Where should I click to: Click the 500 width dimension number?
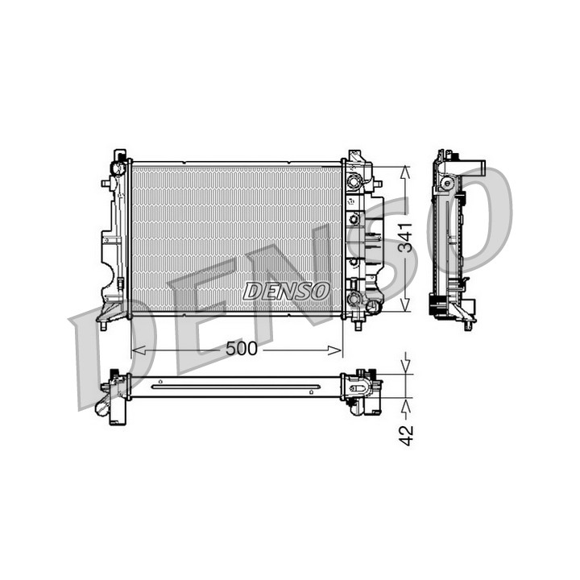pos(241,349)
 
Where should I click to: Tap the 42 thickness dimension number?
pos(407,435)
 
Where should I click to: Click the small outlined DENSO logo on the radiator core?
pos(286,291)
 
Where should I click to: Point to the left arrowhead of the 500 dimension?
pos(138,350)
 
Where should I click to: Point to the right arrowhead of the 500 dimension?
pos(335,350)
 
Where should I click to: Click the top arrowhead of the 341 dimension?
pos(405,172)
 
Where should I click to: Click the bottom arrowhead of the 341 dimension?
pos(405,304)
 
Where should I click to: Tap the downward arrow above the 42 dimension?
pos(407,364)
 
